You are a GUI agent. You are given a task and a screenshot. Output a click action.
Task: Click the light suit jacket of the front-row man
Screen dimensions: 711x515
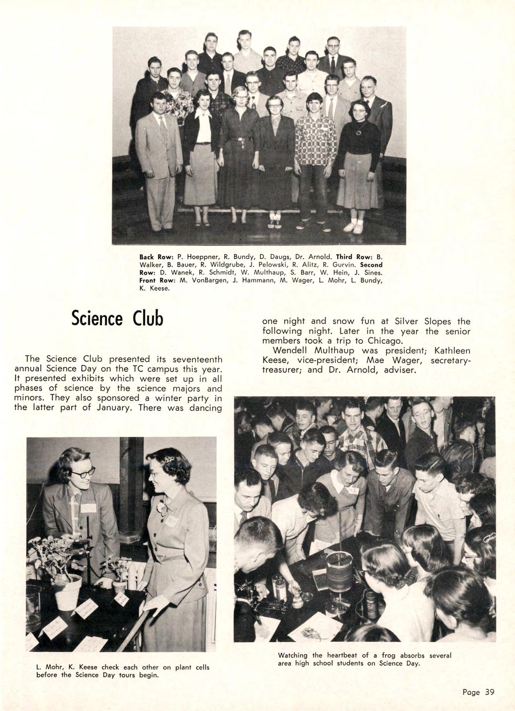click(158, 143)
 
